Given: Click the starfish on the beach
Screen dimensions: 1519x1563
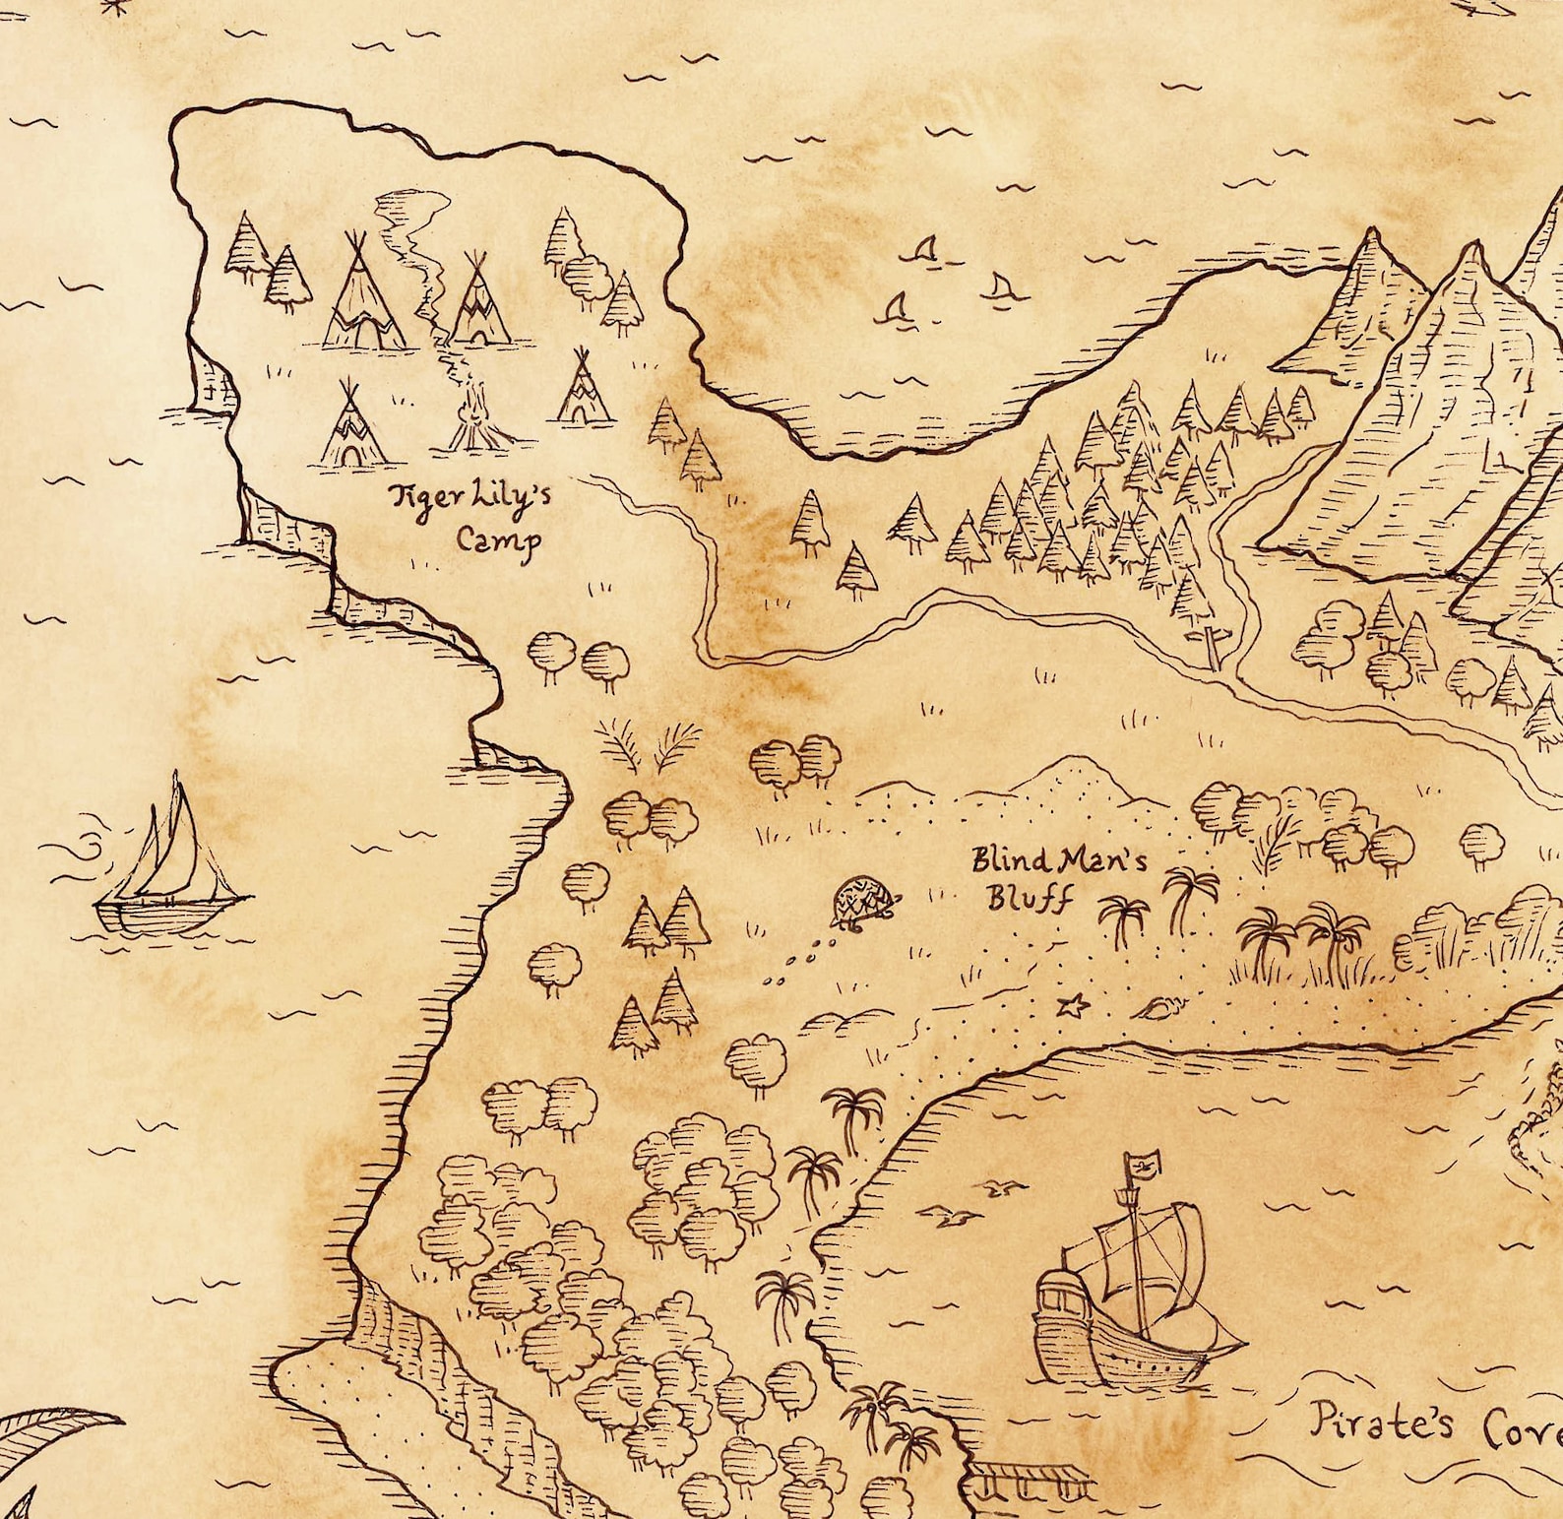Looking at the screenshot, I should tap(1073, 1005).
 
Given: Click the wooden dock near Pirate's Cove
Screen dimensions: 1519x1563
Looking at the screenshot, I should tap(1030, 1476).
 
